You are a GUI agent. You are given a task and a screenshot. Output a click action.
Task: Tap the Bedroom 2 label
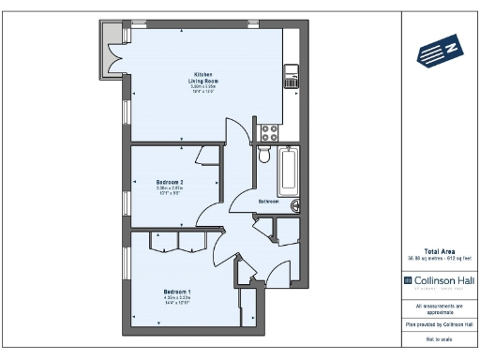[x=170, y=182]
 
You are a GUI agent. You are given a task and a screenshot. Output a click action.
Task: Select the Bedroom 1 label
[x=177, y=292]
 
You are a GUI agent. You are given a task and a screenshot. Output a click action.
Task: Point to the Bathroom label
[x=269, y=201]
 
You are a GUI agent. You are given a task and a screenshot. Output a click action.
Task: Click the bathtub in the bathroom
[x=287, y=170]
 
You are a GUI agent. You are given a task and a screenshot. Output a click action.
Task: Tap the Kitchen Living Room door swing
[x=238, y=141]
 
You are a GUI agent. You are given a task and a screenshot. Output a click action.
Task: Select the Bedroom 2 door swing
[x=211, y=210]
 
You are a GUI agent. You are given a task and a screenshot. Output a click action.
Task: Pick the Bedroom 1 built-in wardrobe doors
[x=178, y=242]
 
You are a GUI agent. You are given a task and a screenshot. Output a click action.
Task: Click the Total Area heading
[x=439, y=251]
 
